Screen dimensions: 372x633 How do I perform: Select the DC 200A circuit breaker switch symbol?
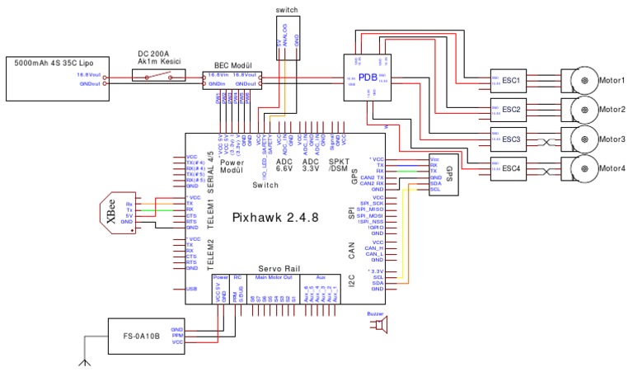(162, 75)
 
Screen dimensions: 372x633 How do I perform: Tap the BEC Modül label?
(232, 64)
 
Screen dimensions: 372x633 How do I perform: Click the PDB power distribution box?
(368, 77)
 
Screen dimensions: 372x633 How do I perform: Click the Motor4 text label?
(612, 169)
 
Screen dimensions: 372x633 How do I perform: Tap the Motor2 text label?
(612, 110)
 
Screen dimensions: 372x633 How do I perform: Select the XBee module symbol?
(115, 212)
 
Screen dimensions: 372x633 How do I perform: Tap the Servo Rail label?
(279, 269)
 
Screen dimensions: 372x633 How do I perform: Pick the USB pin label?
(192, 290)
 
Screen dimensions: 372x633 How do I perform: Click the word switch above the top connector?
(288, 10)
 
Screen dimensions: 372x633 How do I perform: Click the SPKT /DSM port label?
(339, 165)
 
